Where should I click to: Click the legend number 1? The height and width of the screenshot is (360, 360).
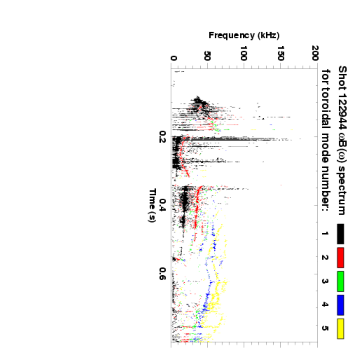click(325, 234)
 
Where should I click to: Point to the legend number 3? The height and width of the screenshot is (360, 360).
click(325, 281)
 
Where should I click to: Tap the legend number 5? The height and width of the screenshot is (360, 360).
click(325, 328)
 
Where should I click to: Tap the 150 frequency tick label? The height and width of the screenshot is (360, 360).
click(280, 54)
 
